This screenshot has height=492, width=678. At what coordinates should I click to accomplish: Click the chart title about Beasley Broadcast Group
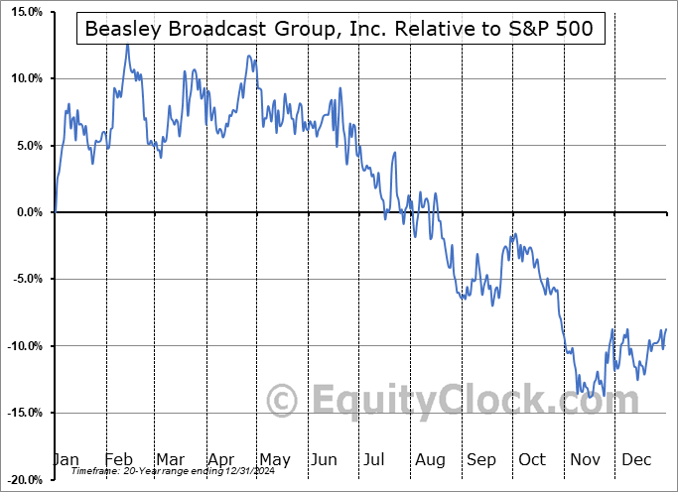tap(339, 29)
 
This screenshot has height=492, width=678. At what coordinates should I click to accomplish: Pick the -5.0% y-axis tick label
tap(26, 279)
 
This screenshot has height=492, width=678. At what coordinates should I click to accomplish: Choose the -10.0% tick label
tap(24, 346)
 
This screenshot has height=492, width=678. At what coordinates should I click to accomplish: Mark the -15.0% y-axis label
tap(24, 413)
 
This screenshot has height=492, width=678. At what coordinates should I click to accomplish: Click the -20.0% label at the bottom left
tap(24, 480)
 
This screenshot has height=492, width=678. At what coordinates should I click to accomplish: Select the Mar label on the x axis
tap(169, 459)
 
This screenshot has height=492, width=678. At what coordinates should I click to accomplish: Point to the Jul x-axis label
tap(375, 459)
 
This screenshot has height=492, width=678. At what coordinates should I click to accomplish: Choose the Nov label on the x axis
tap(584, 459)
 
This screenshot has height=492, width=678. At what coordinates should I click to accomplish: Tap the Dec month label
tap(635, 459)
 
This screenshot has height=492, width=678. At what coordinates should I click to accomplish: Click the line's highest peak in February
tap(127, 46)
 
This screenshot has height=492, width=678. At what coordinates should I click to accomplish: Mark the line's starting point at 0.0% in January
tap(56, 211)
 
